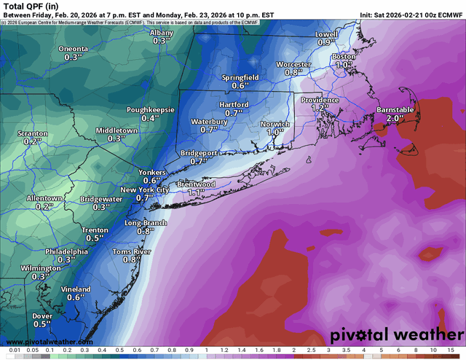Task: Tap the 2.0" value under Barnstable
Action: [x=395, y=118]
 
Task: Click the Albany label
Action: [x=162, y=34]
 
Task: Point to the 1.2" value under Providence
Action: [x=317, y=108]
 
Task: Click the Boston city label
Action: [x=344, y=56]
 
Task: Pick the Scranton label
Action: [x=33, y=133]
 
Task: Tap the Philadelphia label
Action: [x=66, y=251]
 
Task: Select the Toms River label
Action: [x=132, y=251]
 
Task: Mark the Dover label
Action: [x=42, y=315]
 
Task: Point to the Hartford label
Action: [x=234, y=105]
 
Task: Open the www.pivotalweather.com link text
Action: [x=50, y=341]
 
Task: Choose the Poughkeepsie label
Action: [x=151, y=109]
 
